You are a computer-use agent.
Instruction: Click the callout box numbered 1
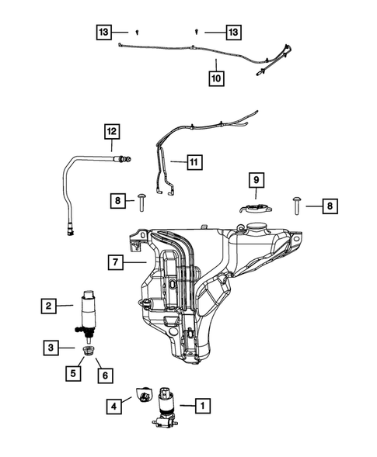click(x=201, y=404)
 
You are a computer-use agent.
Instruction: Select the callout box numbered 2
click(x=49, y=307)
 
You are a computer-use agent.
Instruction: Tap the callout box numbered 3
click(x=49, y=348)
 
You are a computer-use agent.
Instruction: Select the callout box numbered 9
click(x=255, y=181)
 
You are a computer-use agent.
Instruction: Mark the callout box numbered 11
click(x=193, y=163)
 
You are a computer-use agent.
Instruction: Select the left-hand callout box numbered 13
click(x=103, y=32)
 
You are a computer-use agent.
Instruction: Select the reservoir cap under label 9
click(x=254, y=208)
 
